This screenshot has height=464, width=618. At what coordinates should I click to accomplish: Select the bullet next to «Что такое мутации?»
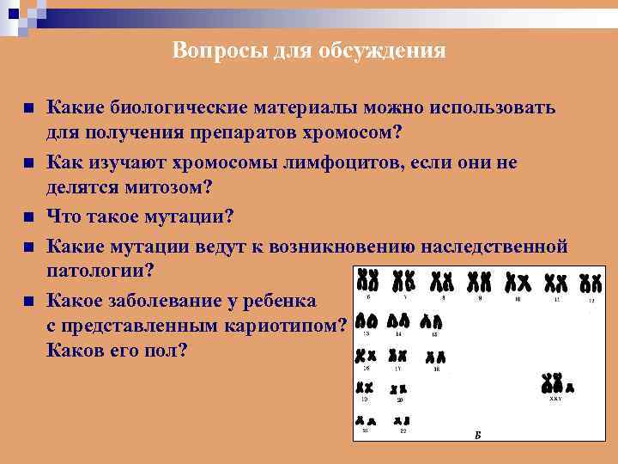(28, 217)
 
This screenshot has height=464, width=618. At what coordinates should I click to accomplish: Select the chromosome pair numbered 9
(479, 282)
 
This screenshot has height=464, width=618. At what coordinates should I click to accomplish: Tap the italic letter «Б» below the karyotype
(477, 435)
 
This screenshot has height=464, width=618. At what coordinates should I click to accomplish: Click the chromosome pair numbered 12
(591, 283)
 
